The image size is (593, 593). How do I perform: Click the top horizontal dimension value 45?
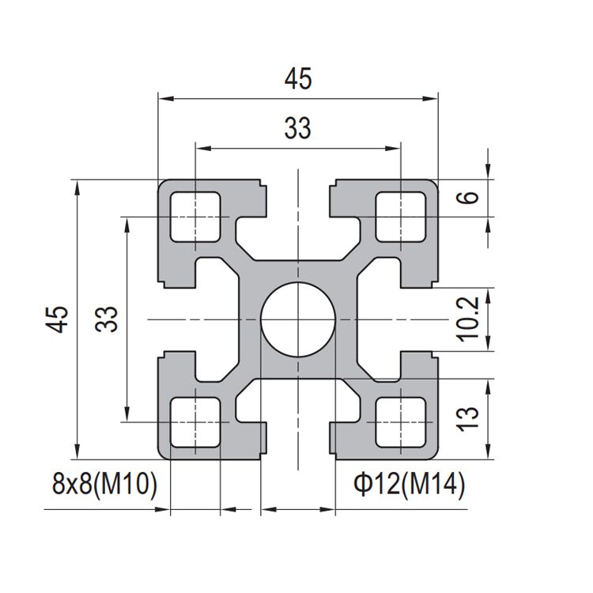(x=298, y=79)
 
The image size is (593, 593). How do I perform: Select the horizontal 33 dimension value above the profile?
(x=298, y=127)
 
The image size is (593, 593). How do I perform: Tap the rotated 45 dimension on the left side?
(x=57, y=319)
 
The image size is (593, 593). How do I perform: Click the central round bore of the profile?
(x=298, y=319)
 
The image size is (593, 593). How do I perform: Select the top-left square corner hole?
(x=195, y=216)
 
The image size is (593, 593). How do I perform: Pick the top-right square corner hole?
(x=401, y=216)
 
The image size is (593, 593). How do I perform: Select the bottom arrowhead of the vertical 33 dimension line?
(x=125, y=416)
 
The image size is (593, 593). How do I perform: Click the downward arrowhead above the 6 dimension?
(x=489, y=173)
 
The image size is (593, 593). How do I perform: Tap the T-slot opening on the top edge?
(x=298, y=190)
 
